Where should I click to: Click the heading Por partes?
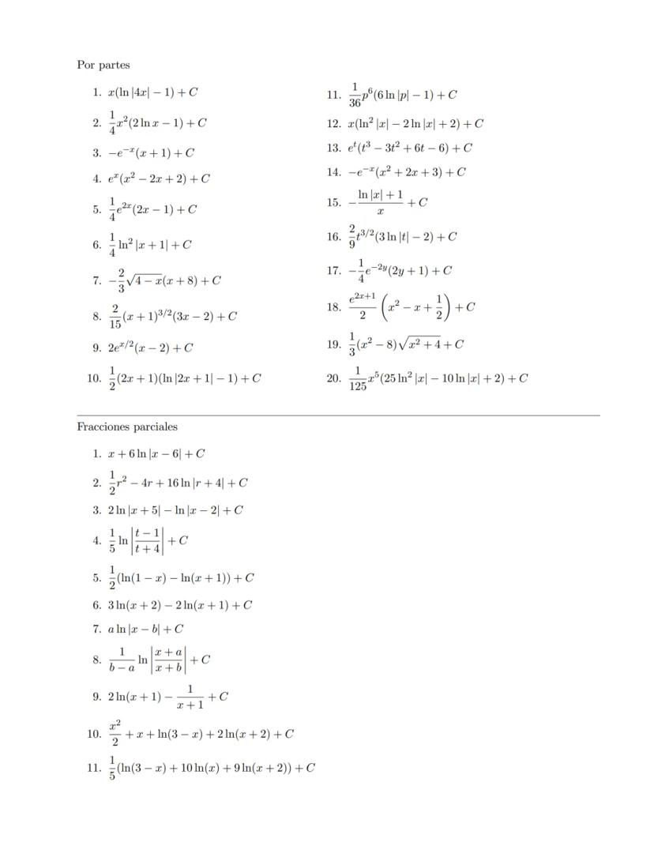coord(103,65)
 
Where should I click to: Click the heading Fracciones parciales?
coord(127,427)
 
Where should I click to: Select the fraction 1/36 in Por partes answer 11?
coord(355,95)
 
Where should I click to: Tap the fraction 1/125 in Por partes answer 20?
coord(358,378)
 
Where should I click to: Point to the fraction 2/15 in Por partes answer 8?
coord(115,316)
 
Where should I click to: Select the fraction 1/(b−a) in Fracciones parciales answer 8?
coord(122,659)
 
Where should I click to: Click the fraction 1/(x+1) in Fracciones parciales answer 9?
coord(190,697)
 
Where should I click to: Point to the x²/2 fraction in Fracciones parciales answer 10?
coord(115,733)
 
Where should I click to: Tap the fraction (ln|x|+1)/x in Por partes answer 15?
coord(381,202)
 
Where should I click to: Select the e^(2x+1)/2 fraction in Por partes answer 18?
coord(363,307)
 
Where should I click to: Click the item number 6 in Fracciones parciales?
coord(96,605)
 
